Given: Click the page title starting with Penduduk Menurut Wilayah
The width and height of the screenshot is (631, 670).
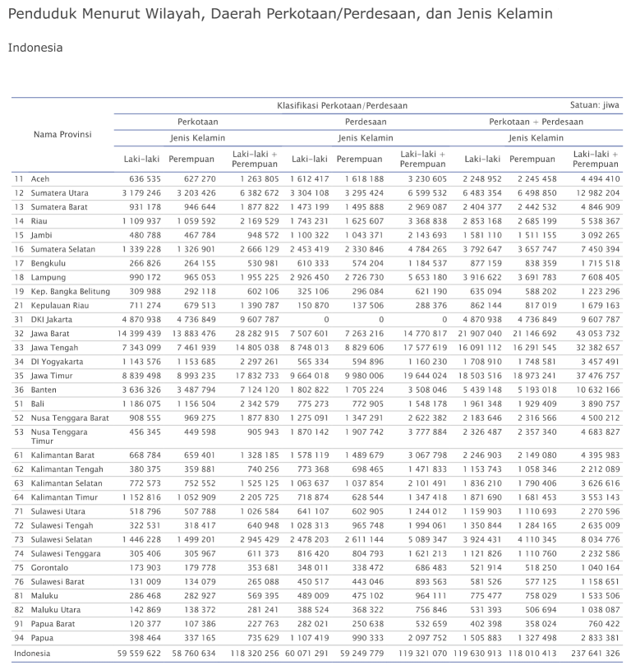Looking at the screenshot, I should pos(280,14).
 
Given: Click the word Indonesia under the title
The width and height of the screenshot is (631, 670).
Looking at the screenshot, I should pos(35,48).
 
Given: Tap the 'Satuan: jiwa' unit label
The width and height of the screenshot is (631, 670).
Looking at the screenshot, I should pos(594,105).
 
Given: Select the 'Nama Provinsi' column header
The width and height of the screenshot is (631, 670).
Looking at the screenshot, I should pos(62,134).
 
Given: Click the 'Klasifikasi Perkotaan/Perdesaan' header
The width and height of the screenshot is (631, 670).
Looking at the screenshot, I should pos(342,105).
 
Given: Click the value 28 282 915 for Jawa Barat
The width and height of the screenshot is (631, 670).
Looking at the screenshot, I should pos(256,334).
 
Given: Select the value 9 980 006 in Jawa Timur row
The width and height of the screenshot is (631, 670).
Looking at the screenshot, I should pos(362,376).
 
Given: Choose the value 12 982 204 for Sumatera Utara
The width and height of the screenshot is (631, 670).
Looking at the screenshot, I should pos(597,193).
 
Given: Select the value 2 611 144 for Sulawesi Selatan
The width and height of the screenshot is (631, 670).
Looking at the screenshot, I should pos(362,539).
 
